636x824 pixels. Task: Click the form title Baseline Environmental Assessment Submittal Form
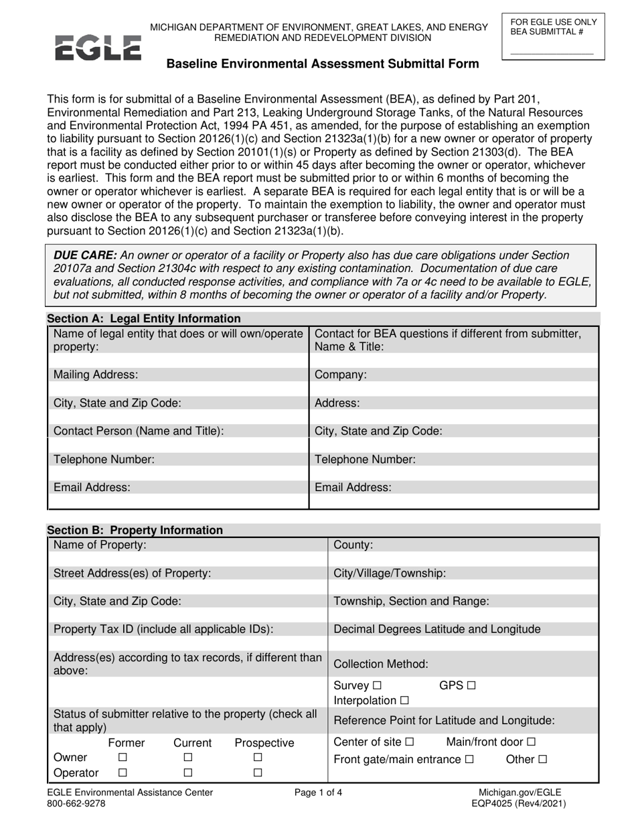point(322,64)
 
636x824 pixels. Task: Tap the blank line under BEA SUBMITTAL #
point(551,52)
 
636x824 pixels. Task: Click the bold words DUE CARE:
point(85,255)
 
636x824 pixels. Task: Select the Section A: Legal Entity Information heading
point(143,319)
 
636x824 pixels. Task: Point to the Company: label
point(341,375)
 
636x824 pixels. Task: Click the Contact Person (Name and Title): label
point(138,431)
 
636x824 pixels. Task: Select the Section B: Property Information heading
point(135,531)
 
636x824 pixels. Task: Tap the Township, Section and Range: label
point(411,602)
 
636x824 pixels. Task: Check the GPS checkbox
point(471,687)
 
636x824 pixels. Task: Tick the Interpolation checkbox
point(404,701)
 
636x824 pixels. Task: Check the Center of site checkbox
point(410,742)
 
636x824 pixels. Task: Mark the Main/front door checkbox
point(531,742)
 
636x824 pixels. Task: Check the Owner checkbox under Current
point(188,758)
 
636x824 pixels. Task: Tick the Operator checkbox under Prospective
point(258,773)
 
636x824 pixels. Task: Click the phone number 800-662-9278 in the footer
point(76,804)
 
